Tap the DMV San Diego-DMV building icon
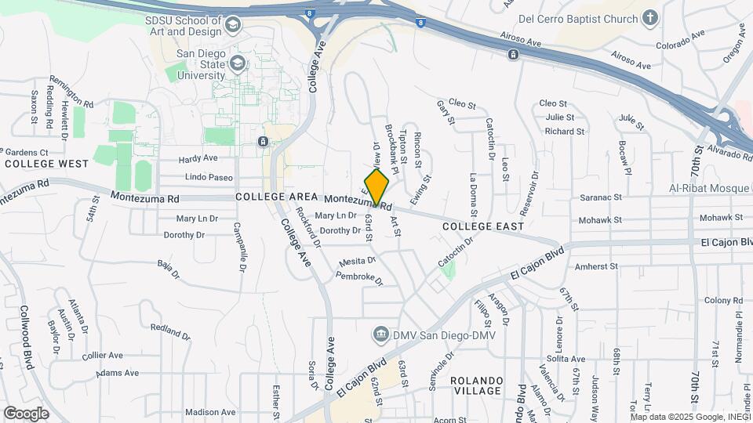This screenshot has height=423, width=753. coord(381,334)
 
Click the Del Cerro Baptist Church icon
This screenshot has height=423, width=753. coord(649,17)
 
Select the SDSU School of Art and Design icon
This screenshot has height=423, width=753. coord(232,26)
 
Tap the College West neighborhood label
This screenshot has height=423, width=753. coord(46,164)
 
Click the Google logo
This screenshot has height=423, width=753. coord(26,413)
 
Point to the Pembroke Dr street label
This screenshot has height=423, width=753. coord(360,278)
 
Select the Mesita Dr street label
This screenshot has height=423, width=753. coord(358,261)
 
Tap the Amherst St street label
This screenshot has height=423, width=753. coord(598,267)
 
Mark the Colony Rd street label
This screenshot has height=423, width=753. coord(722,300)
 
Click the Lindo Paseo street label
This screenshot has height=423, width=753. coord(187,178)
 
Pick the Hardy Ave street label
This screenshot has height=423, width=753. coord(198,158)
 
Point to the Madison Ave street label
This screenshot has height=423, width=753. coord(211,412)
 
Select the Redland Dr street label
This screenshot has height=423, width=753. coord(170,329)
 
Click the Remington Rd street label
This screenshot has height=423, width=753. coord(71,91)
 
